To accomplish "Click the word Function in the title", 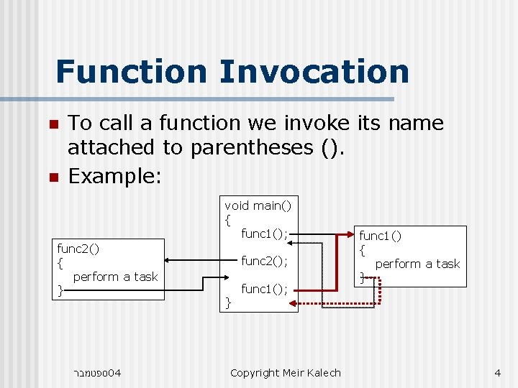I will tap(130, 71).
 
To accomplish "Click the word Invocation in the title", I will tap(314, 71).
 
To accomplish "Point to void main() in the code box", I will tap(258, 205).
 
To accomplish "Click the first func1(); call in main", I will tap(264, 234).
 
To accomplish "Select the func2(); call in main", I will tap(264, 261).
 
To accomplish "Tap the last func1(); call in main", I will tap(264, 289).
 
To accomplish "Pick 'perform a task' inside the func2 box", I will tap(115, 277).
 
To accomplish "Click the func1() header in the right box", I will tap(381, 236).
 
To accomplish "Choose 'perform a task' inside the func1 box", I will tap(417, 264).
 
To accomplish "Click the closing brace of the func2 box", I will tap(60, 290).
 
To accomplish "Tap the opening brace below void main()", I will tap(227, 220).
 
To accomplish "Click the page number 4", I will tap(497, 372).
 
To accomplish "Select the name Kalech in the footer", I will tap(324, 372).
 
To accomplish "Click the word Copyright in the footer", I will tap(254, 372).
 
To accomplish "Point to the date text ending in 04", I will tap(97, 372).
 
